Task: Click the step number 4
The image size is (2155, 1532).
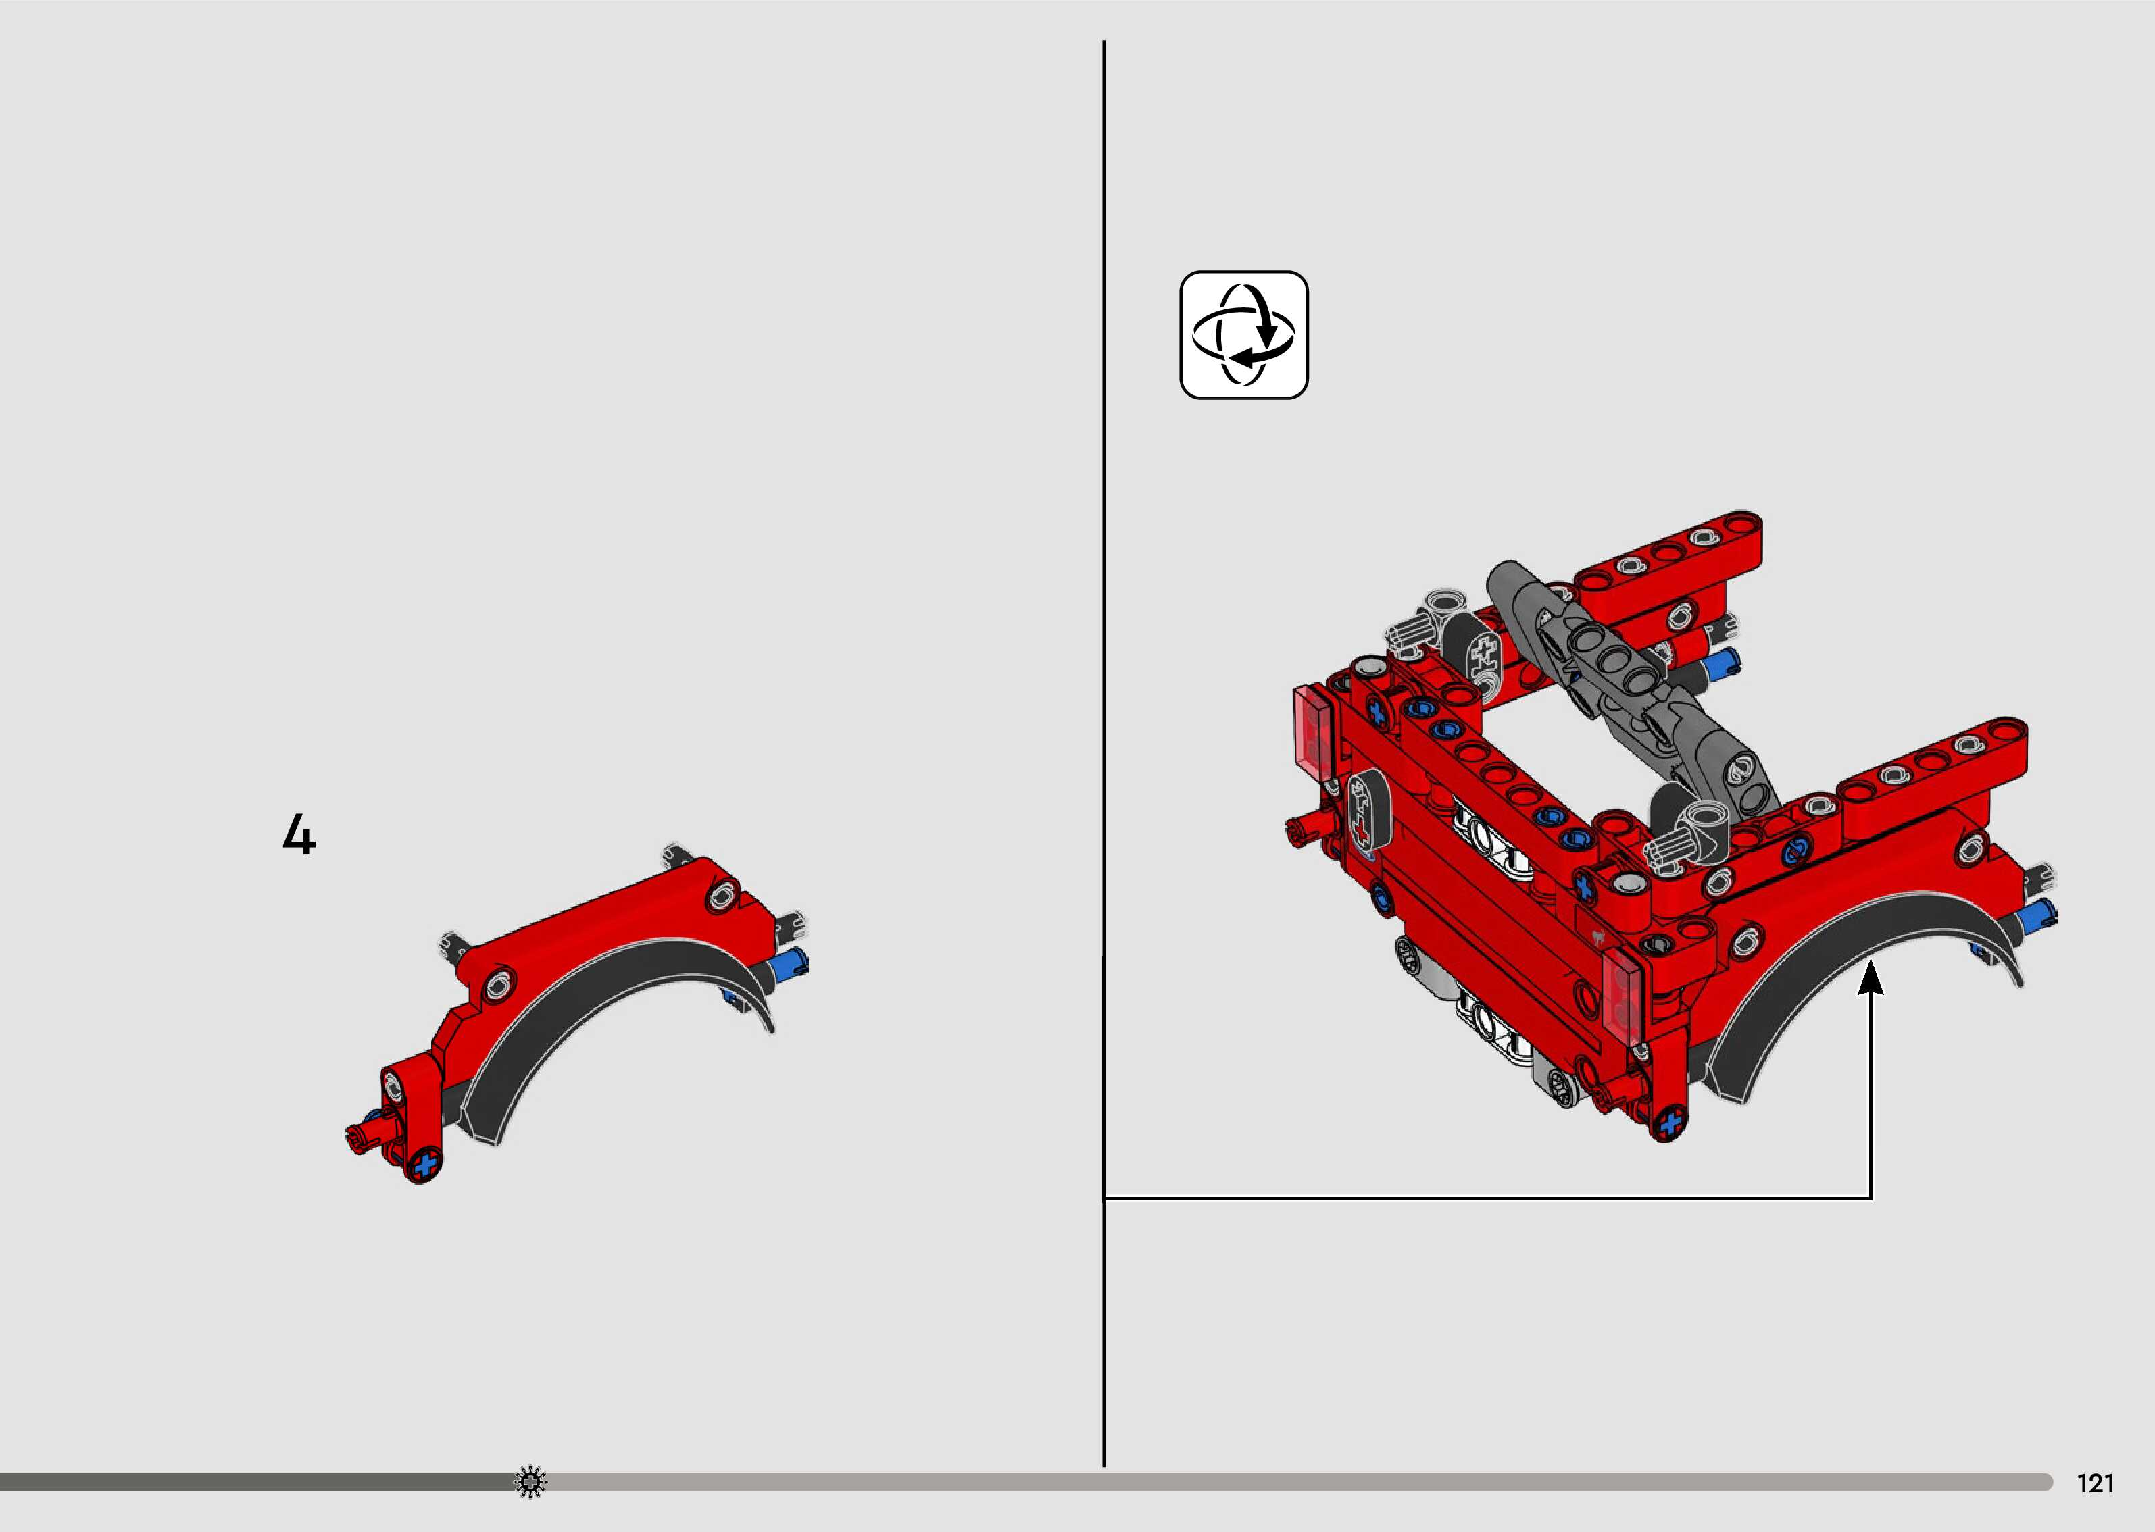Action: (299, 835)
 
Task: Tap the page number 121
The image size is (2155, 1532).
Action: (2096, 1484)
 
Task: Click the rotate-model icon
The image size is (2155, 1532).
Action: (1243, 335)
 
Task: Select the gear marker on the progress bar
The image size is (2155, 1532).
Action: (530, 1482)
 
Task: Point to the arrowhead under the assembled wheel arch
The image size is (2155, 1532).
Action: (1871, 975)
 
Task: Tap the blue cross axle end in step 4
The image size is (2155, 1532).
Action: (426, 1163)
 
